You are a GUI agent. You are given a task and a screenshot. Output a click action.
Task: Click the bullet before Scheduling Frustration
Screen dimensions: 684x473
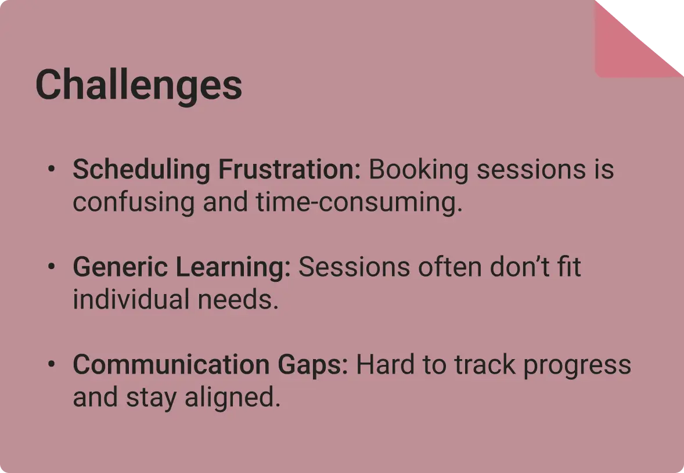[52, 169]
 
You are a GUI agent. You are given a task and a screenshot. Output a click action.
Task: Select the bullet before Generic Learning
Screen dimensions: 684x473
[52, 266]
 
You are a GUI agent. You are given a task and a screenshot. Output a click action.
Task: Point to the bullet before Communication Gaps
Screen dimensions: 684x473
[52, 364]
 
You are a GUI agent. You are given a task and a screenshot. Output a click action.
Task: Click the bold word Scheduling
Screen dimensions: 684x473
[141, 170]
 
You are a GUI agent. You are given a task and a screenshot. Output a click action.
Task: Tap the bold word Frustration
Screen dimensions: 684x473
[289, 169]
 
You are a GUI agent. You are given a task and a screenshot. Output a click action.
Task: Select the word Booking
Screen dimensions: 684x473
[418, 170]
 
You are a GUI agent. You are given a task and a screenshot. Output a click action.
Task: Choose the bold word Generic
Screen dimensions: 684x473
[120, 267]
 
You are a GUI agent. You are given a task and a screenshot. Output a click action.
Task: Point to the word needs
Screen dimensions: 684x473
[238, 300]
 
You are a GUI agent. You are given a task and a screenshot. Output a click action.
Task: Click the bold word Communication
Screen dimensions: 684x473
[171, 365]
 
